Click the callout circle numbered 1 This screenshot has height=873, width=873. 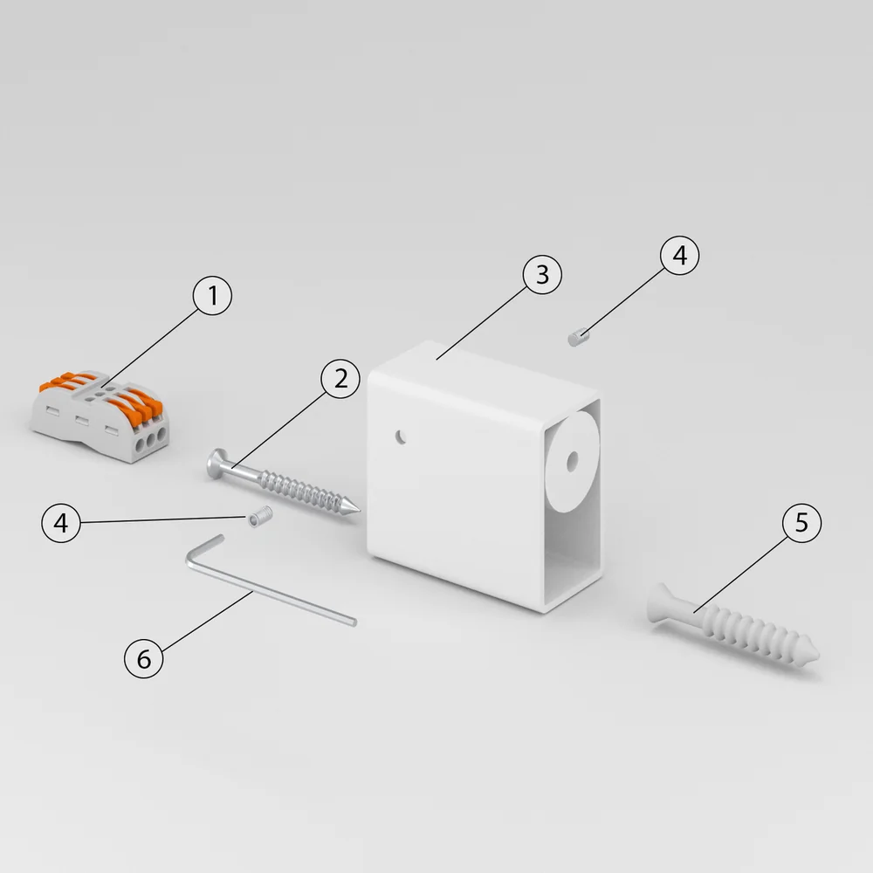tap(212, 295)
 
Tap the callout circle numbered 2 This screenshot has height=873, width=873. tap(340, 379)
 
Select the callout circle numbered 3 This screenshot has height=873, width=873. tap(542, 274)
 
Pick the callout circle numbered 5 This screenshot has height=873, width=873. tap(801, 523)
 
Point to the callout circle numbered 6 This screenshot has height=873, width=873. tap(144, 658)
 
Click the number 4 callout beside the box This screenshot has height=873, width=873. tap(679, 255)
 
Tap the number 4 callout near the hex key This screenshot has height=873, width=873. tap(61, 523)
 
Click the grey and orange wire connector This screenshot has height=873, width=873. tap(100, 415)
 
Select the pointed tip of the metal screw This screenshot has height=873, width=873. tap(358, 509)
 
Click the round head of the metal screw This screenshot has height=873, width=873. tap(216, 464)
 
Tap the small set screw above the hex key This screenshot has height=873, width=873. tap(260, 516)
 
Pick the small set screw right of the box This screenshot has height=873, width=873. tap(579, 337)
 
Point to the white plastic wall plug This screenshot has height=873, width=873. tap(732, 626)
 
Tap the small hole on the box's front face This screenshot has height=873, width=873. tap(401, 437)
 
